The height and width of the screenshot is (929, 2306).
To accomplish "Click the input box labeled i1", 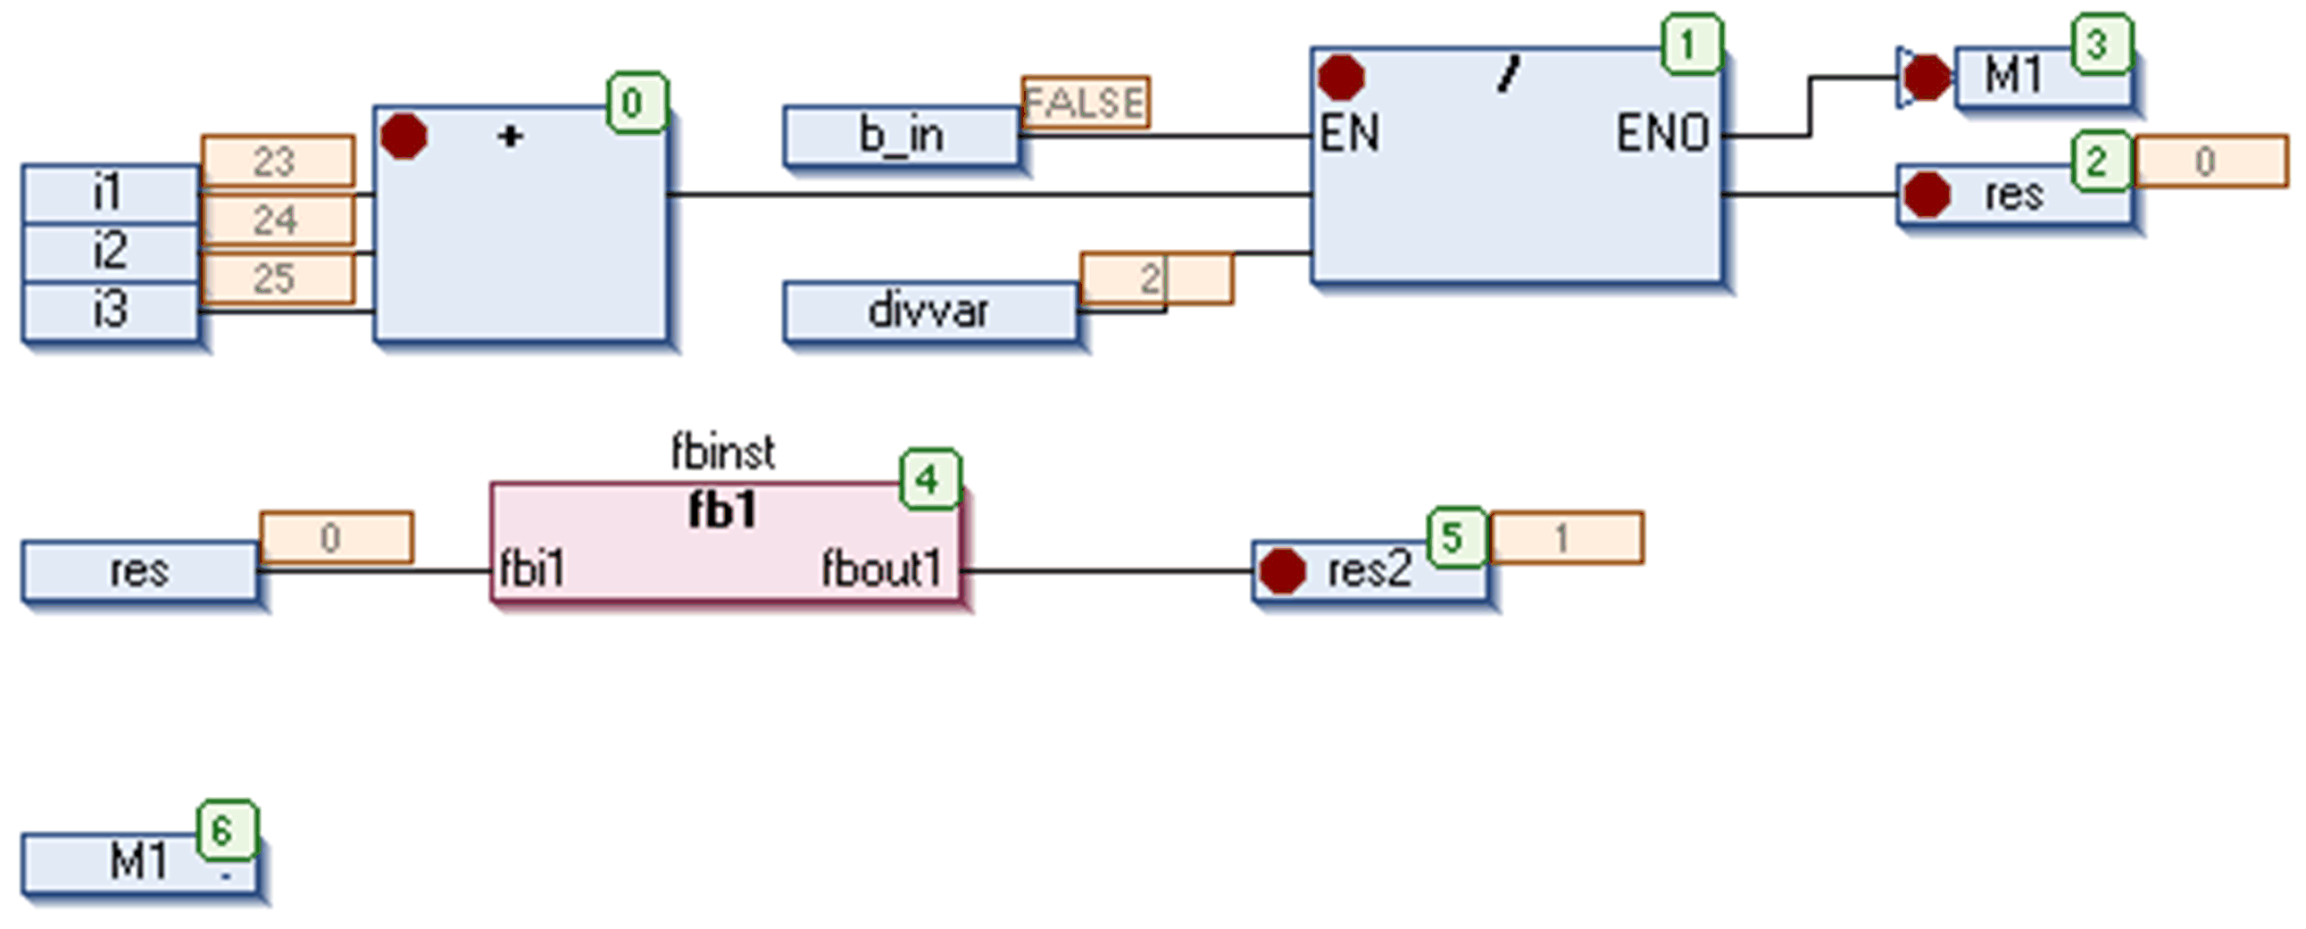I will tap(109, 193).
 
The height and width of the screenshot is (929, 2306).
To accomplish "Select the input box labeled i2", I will tap(109, 252).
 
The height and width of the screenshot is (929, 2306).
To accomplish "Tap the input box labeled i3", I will tap(109, 310).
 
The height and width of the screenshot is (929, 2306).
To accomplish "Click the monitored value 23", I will tap(276, 162).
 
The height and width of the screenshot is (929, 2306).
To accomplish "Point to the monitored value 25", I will tap(276, 278).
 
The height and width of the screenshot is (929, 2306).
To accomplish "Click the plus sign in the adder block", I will tap(511, 137).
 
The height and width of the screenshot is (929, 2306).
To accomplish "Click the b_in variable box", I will tap(901, 136).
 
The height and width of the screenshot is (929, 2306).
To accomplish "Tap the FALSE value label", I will tap(1085, 102).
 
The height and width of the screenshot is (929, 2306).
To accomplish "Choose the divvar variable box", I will tap(929, 311).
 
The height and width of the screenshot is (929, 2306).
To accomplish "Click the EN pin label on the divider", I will tap(1349, 134).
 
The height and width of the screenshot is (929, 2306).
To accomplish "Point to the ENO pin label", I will tap(1662, 134).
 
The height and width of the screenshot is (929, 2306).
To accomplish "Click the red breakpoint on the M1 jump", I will tap(1926, 77).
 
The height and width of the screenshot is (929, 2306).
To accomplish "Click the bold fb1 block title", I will tap(722, 511).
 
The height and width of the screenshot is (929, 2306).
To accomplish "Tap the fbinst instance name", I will tap(722, 452).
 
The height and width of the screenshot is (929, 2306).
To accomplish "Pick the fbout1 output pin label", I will tap(882, 569).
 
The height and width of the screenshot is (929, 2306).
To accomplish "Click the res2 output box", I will tap(1369, 570).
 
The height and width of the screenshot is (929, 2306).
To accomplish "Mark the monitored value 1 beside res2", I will tap(1563, 538).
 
